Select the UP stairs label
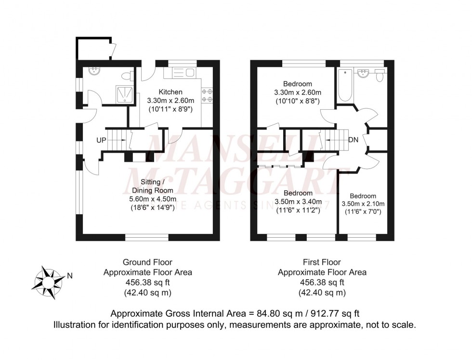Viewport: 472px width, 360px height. tap(101, 140)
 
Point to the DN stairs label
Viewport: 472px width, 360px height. tap(353, 140)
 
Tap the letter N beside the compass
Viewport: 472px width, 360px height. tap(70, 276)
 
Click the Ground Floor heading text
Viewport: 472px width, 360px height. tap(148, 262)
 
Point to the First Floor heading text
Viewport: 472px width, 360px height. tap(322, 262)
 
